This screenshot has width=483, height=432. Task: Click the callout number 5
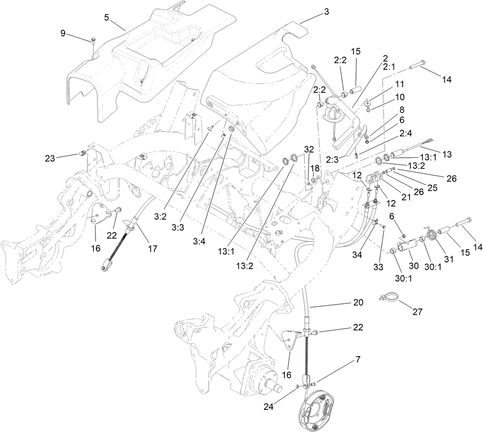106,17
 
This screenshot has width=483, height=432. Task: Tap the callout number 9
63,33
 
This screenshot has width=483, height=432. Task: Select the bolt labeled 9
93,40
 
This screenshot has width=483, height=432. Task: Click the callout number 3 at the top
326,12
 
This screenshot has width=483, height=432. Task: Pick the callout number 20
358,302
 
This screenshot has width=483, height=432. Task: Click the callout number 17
152,249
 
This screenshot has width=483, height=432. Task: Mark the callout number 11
399,84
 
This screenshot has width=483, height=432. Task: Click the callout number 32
309,149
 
